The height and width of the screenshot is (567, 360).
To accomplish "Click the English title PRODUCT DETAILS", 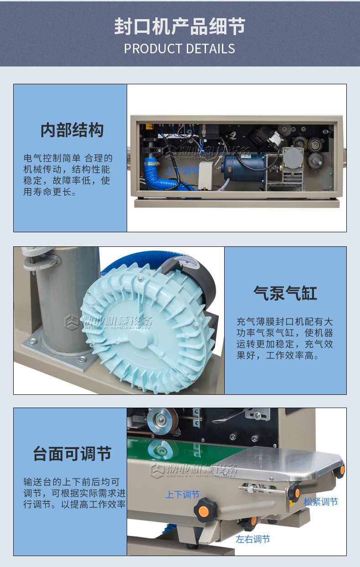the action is (180, 49).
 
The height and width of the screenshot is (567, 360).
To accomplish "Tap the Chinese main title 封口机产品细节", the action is (180, 26).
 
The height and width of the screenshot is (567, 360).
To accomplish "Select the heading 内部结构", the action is (72, 130).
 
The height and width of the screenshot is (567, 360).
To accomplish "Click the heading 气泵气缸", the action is (285, 293).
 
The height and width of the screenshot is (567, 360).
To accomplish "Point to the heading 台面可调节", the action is (72, 453).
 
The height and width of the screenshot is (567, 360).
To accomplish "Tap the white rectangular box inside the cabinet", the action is (205, 176).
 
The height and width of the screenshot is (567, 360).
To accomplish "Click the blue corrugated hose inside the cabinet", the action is (165, 177).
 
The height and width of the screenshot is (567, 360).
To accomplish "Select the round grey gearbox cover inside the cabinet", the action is (293, 158).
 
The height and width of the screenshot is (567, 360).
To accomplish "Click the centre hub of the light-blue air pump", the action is (141, 338).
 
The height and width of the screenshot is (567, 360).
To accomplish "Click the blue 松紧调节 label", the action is (321, 502).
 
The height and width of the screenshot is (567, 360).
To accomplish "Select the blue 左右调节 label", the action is (253, 539).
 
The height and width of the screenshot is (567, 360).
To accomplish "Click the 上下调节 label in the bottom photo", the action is (182, 494).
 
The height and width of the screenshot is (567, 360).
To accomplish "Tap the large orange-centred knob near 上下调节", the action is (205, 510).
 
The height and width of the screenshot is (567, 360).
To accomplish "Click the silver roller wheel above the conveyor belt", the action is (162, 421).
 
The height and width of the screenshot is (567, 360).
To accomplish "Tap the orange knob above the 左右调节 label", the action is (249, 523).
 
